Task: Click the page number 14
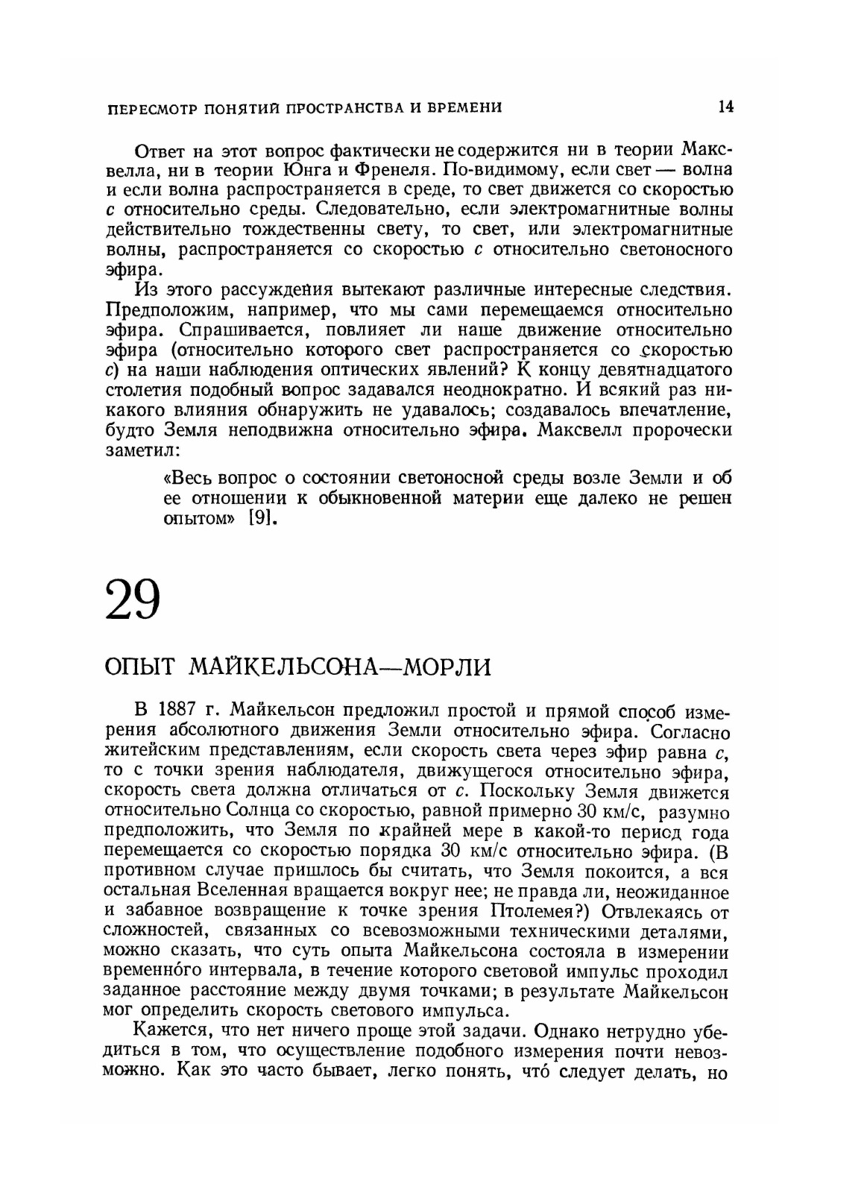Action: (x=725, y=107)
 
